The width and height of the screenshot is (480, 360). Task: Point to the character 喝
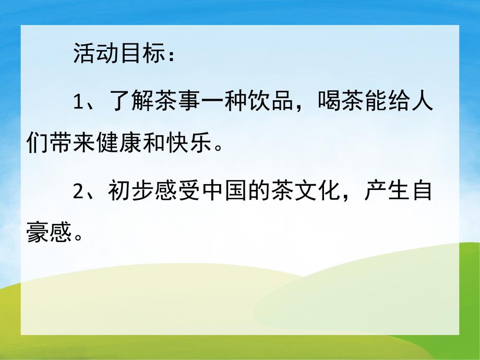332,102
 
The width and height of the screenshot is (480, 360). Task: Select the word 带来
72,141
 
